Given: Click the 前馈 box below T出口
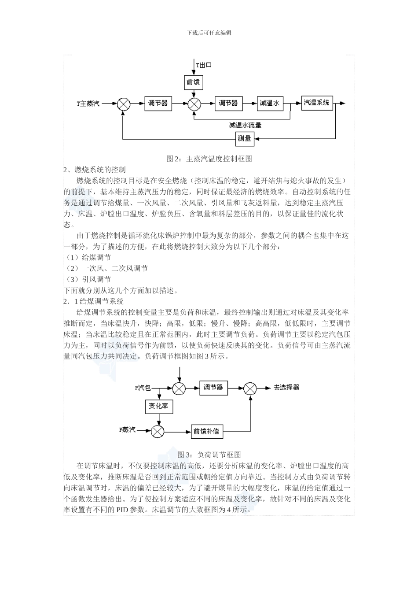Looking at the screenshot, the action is coord(193,82).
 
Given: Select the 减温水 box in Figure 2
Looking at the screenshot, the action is coord(270,103).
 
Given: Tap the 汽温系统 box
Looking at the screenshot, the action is coord(317,103).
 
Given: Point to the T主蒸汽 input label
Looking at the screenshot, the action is coord(88,104).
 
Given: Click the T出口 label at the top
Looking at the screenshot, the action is coord(204,65).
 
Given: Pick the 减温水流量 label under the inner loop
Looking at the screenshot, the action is coord(245,125).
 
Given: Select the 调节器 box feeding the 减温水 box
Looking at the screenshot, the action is coord(228,103).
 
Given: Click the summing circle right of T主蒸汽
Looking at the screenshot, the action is coord(124,104).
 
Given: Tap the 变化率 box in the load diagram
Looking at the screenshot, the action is coord(158,406).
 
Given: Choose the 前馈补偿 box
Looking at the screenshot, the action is coord(206,431).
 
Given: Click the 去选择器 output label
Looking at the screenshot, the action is coord(286,388).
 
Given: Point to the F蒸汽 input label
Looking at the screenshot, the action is coord(128,430).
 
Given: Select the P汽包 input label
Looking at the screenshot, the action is coord(143,388).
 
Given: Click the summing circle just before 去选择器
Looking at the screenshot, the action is coord(250,388).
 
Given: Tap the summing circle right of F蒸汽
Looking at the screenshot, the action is coord(158,431).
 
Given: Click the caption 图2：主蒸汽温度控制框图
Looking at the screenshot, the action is coord(209,159).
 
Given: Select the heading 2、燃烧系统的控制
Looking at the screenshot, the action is coord(95,170).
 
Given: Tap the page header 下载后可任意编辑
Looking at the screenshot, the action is coord(209,33).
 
